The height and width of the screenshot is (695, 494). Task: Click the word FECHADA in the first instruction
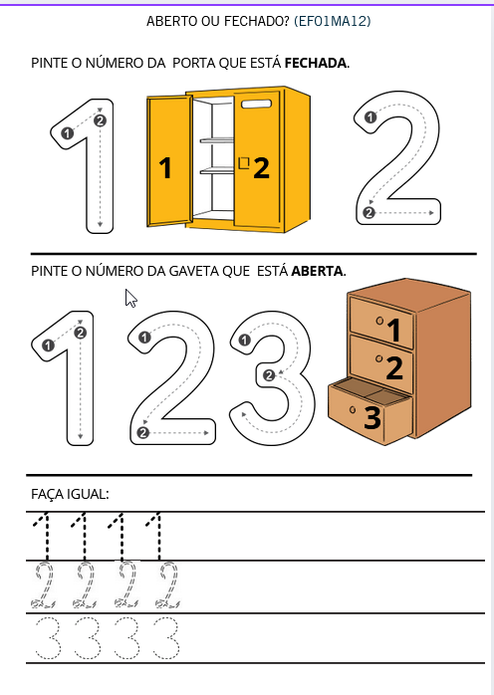click(316, 63)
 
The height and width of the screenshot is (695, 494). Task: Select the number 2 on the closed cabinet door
click(261, 168)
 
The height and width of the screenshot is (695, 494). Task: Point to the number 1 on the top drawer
click(393, 330)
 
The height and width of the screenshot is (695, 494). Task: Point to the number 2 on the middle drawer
click(394, 368)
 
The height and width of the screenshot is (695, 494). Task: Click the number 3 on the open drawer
click(372, 418)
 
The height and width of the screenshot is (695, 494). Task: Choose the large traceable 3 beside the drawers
click(267, 378)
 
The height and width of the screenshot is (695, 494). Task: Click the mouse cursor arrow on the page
click(130, 298)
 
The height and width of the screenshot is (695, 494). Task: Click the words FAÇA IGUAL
click(70, 494)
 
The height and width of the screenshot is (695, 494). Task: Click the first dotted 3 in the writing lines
click(45, 637)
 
